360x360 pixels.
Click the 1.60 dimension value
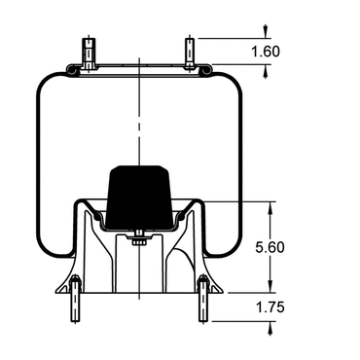point(266,52)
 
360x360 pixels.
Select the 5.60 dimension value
point(270,247)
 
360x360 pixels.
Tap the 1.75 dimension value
point(270,307)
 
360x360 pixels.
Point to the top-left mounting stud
point(89,54)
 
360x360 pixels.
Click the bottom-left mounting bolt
point(75,299)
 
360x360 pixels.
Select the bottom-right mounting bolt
point(203,299)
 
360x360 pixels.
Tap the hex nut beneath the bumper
point(139,241)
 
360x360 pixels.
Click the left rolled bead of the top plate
point(72,70)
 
